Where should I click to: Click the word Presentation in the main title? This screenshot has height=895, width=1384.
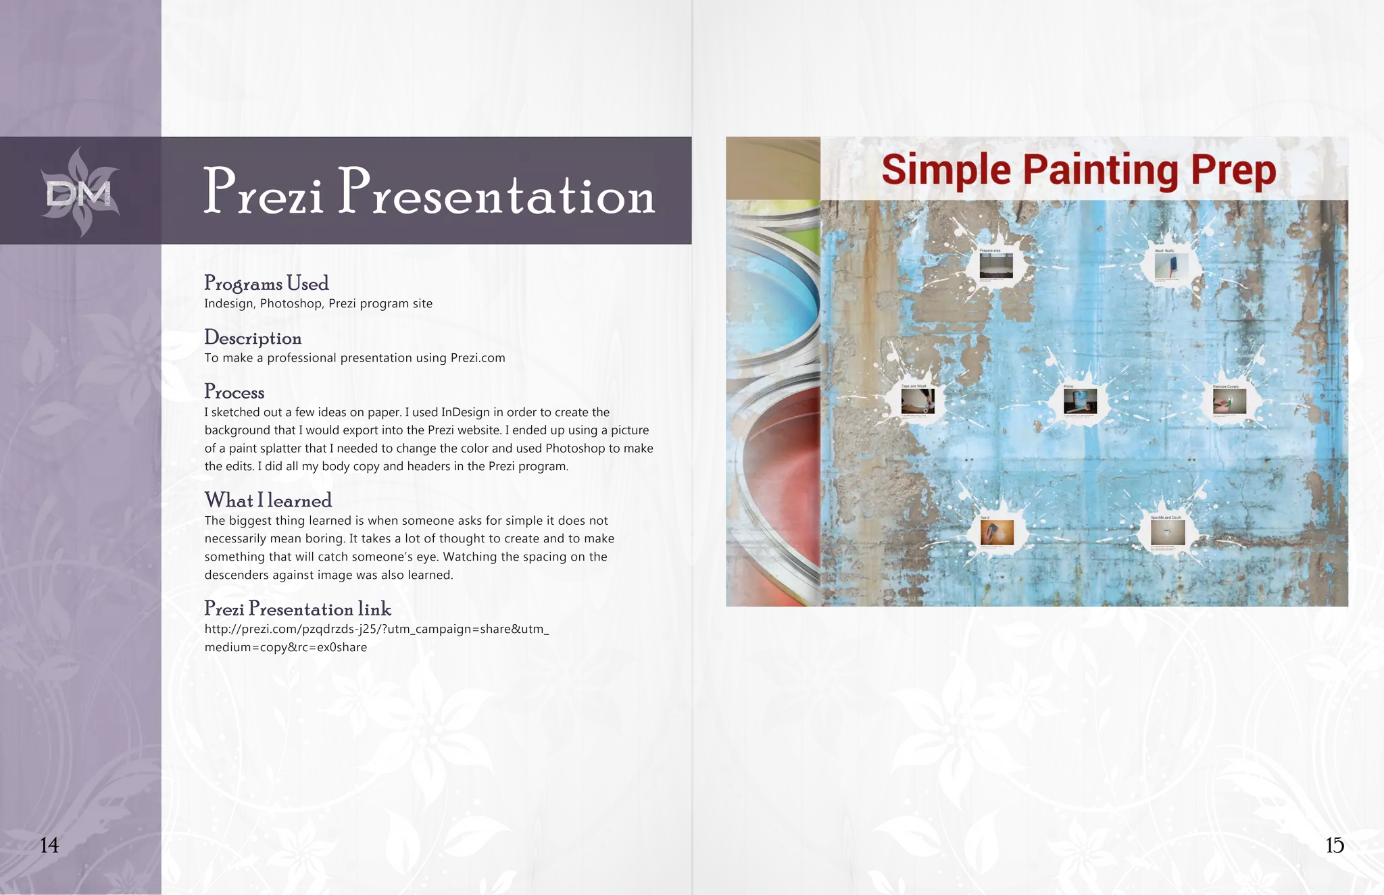click(x=497, y=193)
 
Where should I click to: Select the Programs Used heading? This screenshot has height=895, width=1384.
click(x=266, y=283)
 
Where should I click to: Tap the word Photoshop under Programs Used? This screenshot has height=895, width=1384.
click(x=291, y=303)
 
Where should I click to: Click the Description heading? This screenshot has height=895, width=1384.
click(x=253, y=338)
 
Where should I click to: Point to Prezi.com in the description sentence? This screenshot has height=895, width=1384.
click(x=477, y=358)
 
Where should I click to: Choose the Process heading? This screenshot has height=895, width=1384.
click(x=234, y=392)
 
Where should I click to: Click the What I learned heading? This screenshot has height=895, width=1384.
click(x=268, y=501)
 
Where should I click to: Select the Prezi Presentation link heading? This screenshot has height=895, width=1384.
click(x=297, y=609)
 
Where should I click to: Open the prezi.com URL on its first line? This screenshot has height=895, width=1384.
click(x=376, y=629)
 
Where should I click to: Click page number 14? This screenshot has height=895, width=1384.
click(x=49, y=845)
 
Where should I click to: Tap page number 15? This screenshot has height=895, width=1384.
click(x=1334, y=845)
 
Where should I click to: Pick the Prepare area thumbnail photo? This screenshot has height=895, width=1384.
click(x=996, y=265)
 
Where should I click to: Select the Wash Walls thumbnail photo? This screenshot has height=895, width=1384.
click(x=1170, y=265)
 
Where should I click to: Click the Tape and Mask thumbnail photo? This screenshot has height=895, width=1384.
click(x=917, y=401)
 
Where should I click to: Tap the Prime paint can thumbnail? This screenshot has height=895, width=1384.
click(x=1080, y=401)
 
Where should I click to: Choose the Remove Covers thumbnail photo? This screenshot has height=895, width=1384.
click(x=1229, y=401)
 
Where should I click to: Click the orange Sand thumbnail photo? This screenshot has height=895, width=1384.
click(x=997, y=533)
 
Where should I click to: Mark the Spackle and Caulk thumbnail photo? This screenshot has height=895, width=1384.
click(x=1168, y=533)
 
